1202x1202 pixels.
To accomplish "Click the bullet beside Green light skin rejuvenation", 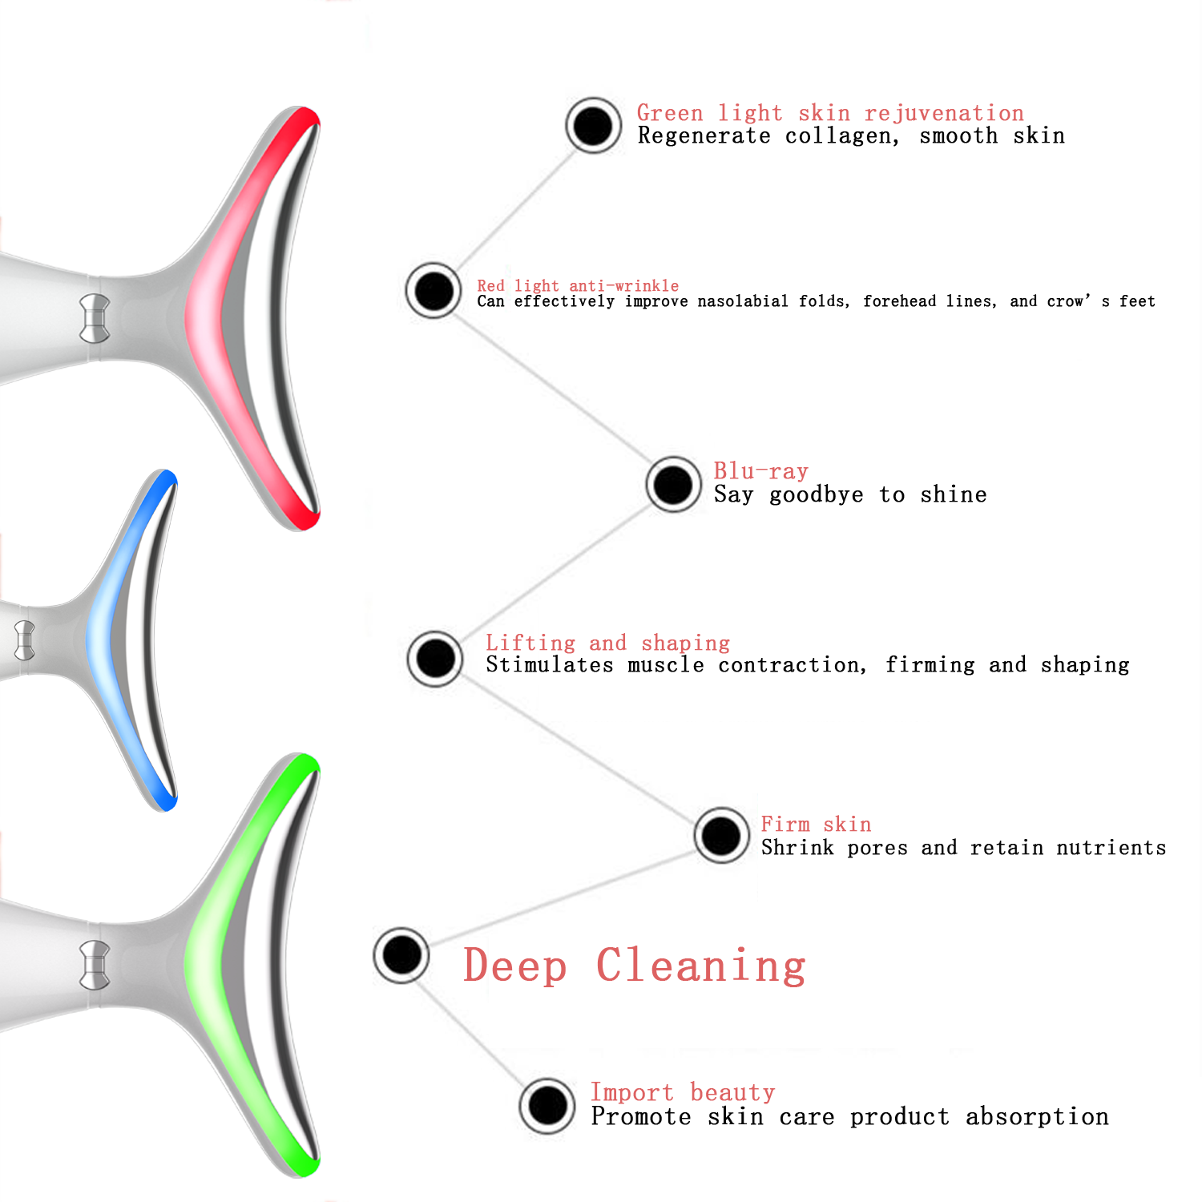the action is (593, 126).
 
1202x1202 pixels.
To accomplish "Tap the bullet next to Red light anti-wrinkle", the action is (434, 290).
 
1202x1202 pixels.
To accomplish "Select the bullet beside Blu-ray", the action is (673, 484).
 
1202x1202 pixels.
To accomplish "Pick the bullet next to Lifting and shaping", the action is (435, 659).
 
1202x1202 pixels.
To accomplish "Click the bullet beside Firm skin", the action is (721, 835).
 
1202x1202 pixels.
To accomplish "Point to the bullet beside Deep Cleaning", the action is (401, 954).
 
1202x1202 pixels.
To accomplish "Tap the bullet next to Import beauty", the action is (547, 1106).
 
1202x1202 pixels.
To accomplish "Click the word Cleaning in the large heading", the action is (701, 966).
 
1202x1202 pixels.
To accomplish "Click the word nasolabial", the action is (743, 301).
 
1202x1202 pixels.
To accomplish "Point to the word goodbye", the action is (817, 495).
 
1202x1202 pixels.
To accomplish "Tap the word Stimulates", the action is (550, 665).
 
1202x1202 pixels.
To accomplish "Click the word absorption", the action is (1037, 1117).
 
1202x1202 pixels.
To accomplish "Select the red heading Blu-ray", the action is (761, 471).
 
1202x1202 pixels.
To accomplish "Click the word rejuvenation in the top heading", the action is (944, 114).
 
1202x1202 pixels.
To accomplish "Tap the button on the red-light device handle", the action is (95, 318).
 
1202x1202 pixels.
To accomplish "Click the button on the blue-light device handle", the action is (25, 640).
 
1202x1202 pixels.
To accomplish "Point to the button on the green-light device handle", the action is (95, 965).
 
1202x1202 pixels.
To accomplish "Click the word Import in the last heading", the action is (632, 1093).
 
